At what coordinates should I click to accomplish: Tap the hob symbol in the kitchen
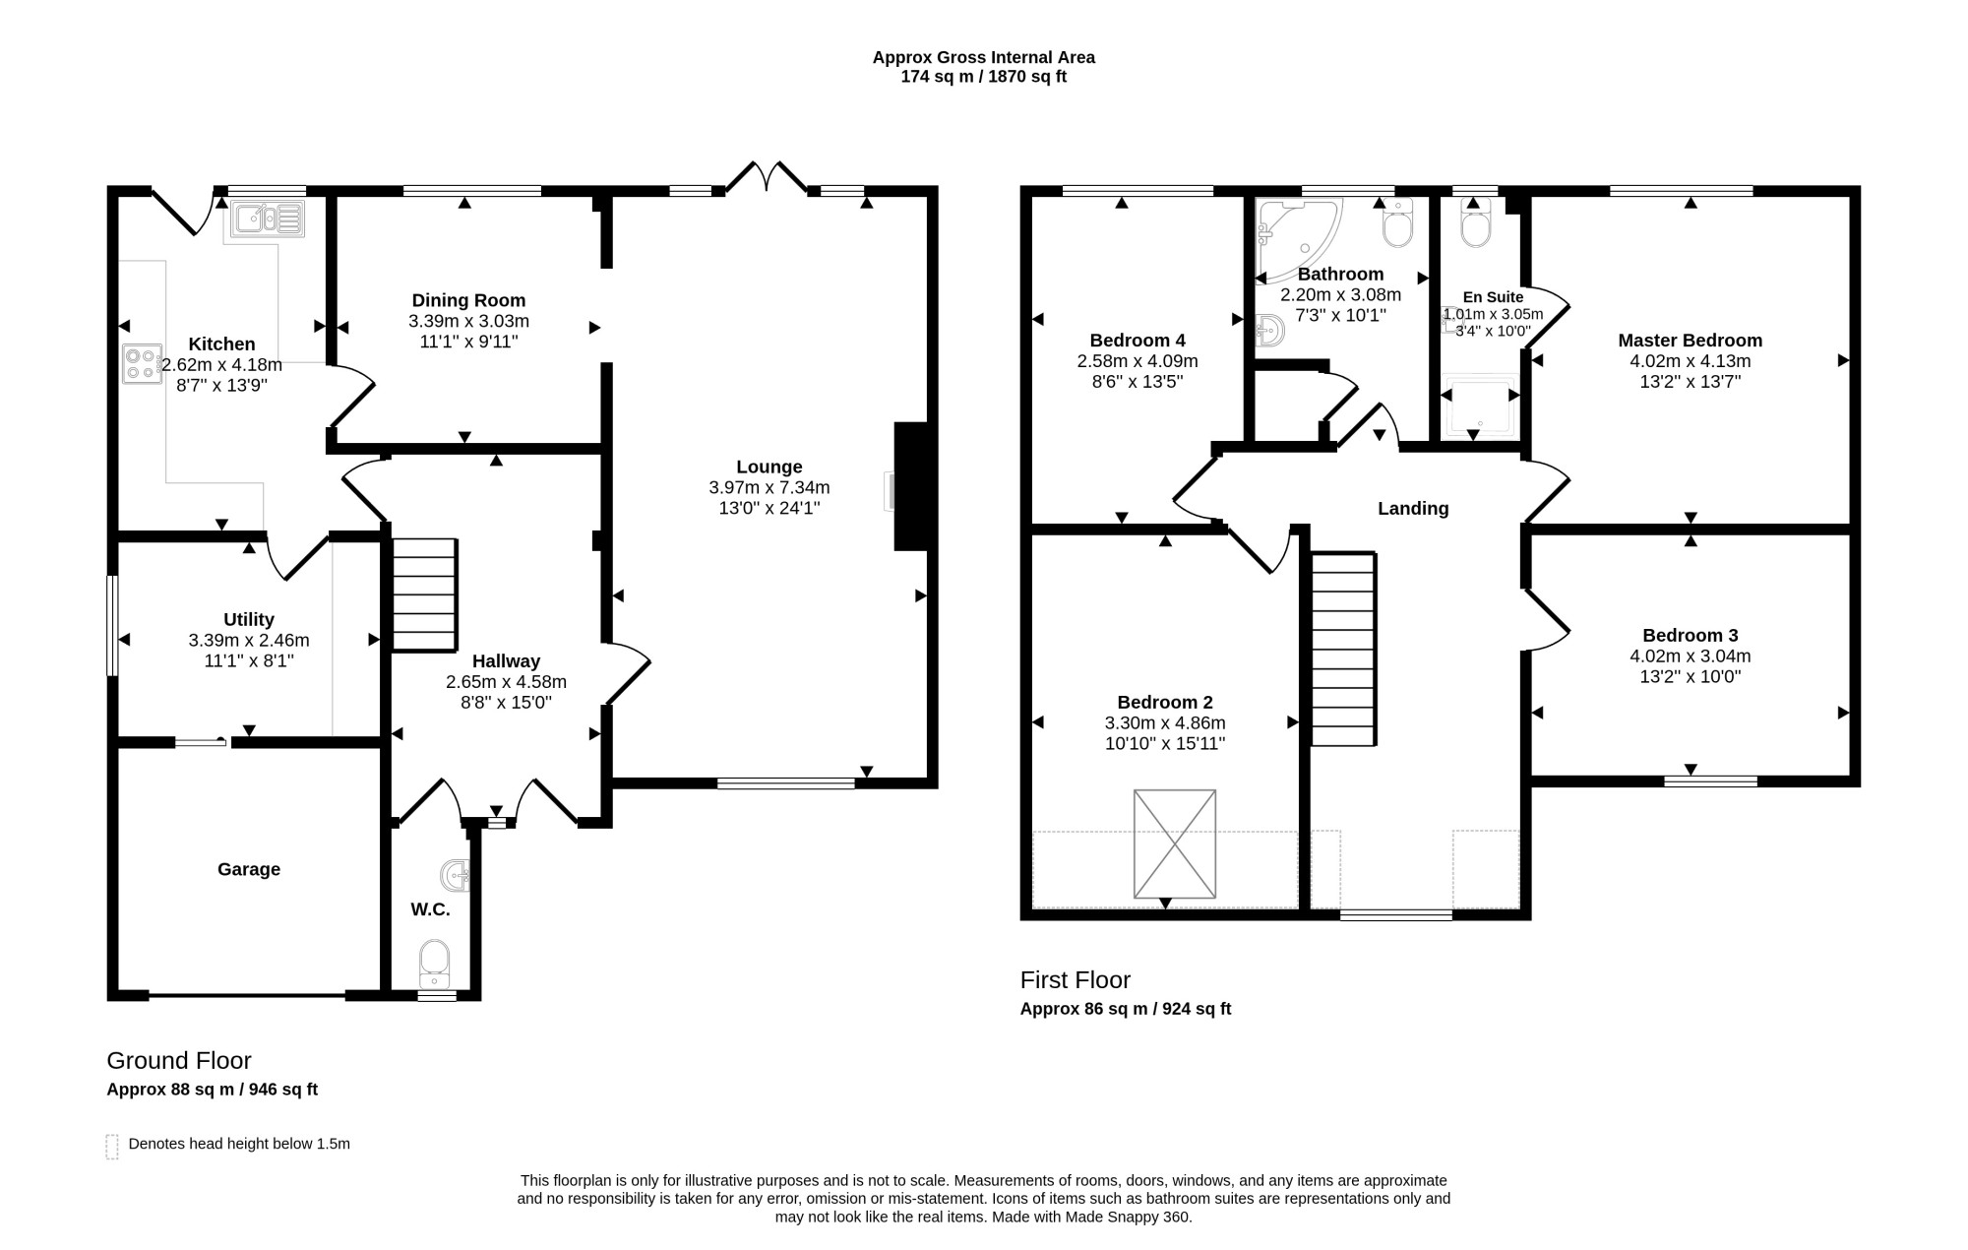click(142, 363)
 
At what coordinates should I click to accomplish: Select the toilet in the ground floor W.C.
click(434, 963)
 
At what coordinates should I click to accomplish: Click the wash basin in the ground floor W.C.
click(456, 874)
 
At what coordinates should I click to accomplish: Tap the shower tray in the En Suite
click(1480, 406)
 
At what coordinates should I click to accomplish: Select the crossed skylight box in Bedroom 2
click(1175, 844)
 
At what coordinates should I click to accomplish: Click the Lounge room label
click(769, 467)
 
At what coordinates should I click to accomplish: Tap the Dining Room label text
click(468, 300)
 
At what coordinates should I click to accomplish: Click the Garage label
click(249, 869)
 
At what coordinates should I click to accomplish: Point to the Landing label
click(1413, 509)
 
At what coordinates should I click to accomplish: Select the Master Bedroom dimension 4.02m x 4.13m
click(1691, 361)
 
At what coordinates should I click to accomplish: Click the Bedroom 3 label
click(1691, 635)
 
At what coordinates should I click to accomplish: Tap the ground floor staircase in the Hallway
click(425, 594)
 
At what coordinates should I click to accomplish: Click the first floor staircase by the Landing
click(1343, 649)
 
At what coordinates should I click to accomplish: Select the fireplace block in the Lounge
click(911, 486)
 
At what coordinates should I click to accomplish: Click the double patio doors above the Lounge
click(767, 177)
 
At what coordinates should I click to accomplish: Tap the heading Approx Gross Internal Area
click(984, 57)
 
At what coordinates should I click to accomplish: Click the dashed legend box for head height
click(112, 1147)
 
